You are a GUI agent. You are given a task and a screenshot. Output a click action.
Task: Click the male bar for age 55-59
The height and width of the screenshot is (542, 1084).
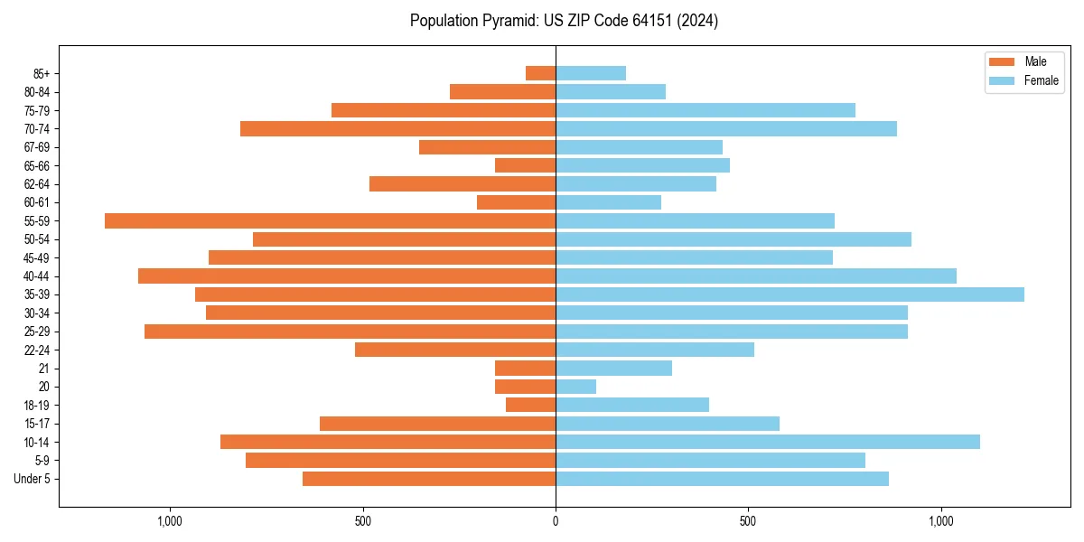(330, 220)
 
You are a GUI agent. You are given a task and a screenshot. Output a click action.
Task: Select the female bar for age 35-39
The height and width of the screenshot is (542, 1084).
(790, 294)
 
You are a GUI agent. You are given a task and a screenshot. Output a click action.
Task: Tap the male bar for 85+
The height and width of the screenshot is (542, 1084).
(540, 73)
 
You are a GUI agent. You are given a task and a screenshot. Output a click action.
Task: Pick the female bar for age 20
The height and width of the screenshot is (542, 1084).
(575, 387)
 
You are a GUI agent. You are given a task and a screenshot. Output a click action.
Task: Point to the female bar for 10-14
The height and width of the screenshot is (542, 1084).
(767, 442)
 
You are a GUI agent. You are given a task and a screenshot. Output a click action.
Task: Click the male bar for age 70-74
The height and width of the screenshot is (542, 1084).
(397, 128)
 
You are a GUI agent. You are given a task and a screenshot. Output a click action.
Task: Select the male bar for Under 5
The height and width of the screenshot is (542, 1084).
(429, 479)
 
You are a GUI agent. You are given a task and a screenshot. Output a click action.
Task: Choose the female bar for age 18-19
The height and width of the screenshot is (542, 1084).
(632, 405)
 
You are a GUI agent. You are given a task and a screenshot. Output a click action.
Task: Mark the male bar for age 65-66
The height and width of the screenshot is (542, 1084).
(525, 165)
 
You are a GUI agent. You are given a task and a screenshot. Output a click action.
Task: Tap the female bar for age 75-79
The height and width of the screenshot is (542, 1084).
(705, 110)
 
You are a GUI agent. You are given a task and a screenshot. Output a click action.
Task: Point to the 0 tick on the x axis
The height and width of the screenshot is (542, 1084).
(556, 521)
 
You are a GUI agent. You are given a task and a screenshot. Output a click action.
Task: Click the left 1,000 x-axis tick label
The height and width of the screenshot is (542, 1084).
(170, 521)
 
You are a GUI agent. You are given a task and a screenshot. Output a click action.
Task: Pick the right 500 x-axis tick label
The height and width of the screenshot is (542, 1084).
(748, 521)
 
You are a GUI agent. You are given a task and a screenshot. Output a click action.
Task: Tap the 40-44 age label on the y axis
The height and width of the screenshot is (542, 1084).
(37, 276)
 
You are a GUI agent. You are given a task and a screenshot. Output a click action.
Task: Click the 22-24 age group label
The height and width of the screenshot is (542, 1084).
(37, 350)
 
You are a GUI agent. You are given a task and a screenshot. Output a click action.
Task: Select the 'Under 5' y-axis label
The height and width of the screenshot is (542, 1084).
(33, 479)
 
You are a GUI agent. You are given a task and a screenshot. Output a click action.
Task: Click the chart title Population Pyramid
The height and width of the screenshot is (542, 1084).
(564, 21)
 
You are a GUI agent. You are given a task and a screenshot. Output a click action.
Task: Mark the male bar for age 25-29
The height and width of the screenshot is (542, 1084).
(350, 332)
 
